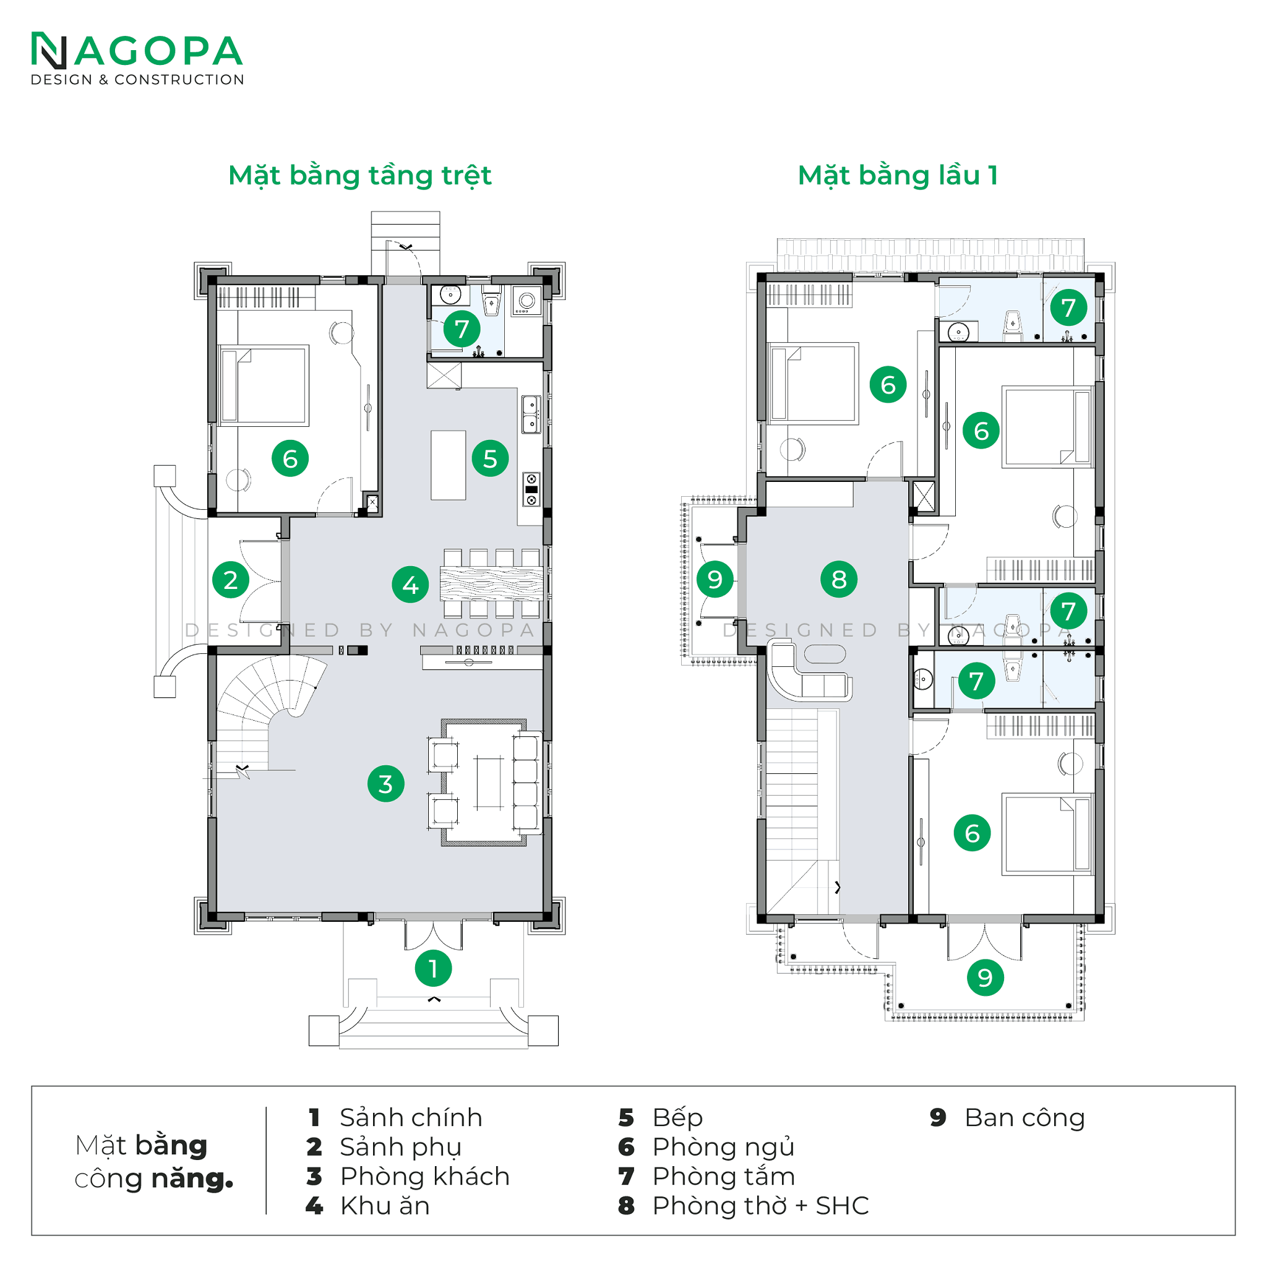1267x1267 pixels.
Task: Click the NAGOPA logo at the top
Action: point(137,59)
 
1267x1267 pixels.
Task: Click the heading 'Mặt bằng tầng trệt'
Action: point(359,176)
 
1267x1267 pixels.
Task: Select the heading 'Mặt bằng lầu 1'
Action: point(898,175)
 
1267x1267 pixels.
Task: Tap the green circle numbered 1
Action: point(434,968)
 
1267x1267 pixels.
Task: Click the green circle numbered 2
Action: point(231,580)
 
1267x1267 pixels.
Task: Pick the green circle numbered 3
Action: point(385,783)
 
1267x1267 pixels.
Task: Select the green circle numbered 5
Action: point(491,458)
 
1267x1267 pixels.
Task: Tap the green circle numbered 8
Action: point(839,579)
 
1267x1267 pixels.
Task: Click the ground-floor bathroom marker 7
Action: point(462,329)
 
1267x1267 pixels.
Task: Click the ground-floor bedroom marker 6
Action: point(291,458)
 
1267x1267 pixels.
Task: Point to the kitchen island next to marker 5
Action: point(448,465)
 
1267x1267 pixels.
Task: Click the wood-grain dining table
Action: point(491,584)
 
